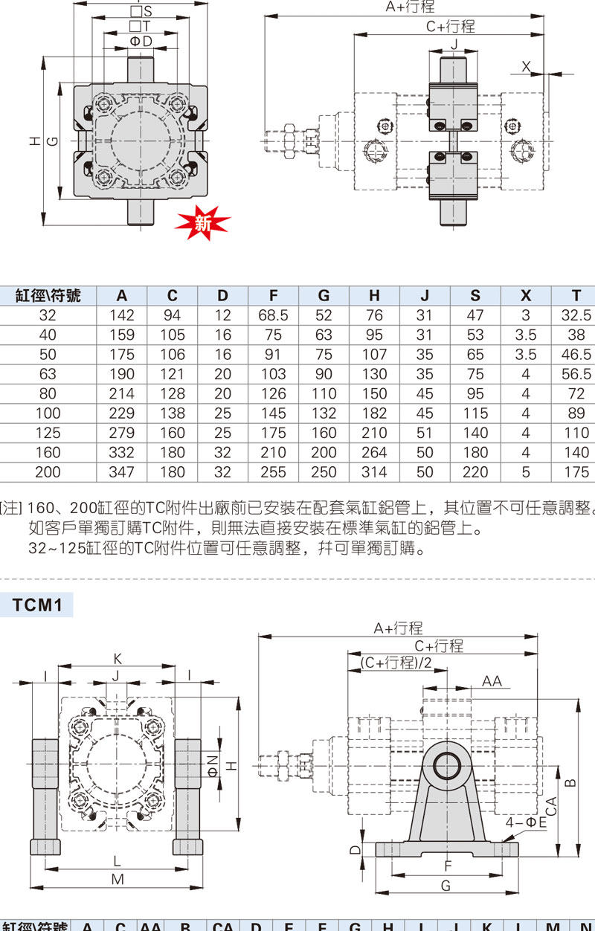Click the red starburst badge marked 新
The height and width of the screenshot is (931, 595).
(202, 222)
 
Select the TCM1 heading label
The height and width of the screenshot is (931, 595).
(36, 605)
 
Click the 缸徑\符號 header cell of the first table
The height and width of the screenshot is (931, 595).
(48, 295)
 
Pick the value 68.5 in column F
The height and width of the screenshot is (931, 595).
(273, 315)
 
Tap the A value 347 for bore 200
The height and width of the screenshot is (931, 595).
(121, 471)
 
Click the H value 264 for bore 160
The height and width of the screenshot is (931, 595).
(374, 452)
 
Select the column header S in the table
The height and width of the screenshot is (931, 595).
(475, 295)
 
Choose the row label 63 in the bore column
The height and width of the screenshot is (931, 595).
(48, 374)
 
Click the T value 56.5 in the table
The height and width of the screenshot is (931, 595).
(576, 374)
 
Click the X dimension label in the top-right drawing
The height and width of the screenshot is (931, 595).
(527, 67)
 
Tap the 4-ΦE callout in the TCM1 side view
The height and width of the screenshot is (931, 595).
(526, 822)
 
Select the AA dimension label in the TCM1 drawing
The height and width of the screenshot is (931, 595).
(492, 681)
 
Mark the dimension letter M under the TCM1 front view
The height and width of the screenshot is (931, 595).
(117, 879)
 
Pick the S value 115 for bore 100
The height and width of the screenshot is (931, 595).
(475, 413)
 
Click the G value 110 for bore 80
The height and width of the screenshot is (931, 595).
(324, 393)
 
